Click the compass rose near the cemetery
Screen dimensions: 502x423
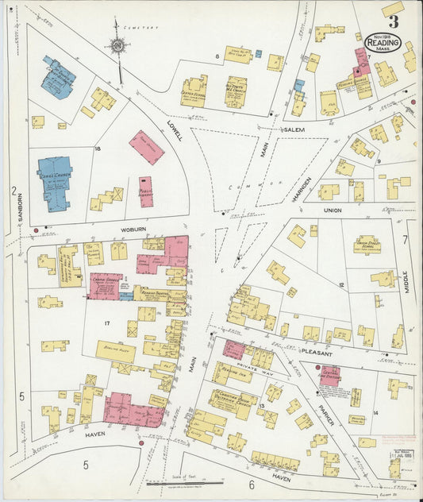(117, 47)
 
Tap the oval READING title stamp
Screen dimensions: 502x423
(383, 41)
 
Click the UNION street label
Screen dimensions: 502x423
(332, 210)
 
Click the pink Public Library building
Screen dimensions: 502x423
(146, 191)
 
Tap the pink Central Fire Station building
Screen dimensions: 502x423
(329, 375)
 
